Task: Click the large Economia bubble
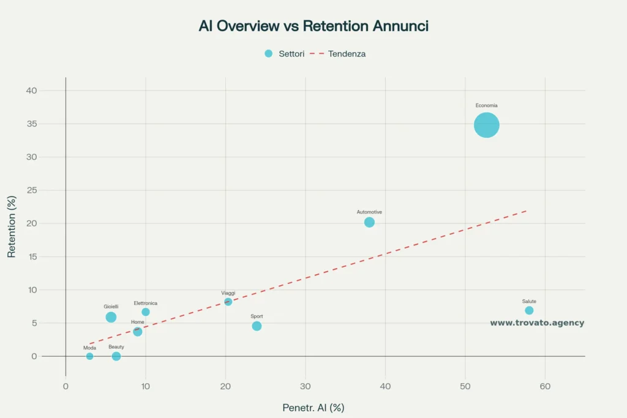tap(487, 125)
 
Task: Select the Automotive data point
tap(369, 222)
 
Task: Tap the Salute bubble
tap(529, 310)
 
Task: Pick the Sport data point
tap(257, 326)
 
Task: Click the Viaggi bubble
tap(228, 302)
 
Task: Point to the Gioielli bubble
tap(111, 317)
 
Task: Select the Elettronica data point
tap(146, 312)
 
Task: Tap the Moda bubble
tap(89, 356)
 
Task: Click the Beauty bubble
tap(116, 356)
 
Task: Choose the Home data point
tap(138, 332)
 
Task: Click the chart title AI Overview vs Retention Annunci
tap(313, 26)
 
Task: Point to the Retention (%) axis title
tap(12, 226)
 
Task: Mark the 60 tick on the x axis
tap(545, 386)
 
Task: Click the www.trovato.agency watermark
tap(537, 323)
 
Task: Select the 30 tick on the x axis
tap(306, 386)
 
